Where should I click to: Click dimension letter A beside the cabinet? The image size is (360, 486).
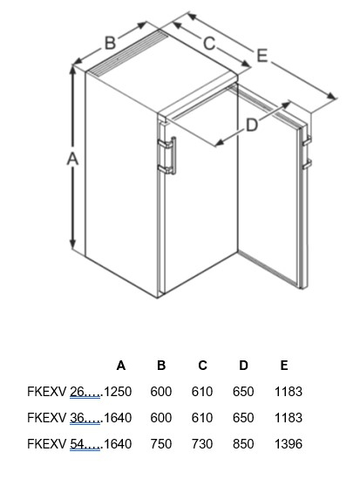point(72,159)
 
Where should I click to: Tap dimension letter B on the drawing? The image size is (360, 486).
point(110,43)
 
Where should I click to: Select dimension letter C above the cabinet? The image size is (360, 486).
point(209,43)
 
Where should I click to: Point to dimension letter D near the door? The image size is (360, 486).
point(252,126)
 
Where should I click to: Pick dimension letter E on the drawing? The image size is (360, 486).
point(262,56)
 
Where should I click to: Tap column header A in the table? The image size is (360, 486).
point(120,366)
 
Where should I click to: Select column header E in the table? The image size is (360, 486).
point(284,366)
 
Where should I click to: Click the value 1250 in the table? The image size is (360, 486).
point(118,392)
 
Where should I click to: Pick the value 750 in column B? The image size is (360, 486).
point(161,444)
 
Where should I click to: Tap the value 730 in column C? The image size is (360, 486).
point(202,444)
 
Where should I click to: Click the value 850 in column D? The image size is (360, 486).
point(243,444)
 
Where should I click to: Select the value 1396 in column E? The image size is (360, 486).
point(289,444)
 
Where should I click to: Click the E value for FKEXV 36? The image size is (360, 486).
point(289,418)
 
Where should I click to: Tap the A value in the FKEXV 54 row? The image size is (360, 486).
point(118,444)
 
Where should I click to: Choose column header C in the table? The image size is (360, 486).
point(202,366)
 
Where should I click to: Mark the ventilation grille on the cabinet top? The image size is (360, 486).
point(127,53)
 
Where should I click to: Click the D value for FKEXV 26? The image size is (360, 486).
point(243,392)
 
